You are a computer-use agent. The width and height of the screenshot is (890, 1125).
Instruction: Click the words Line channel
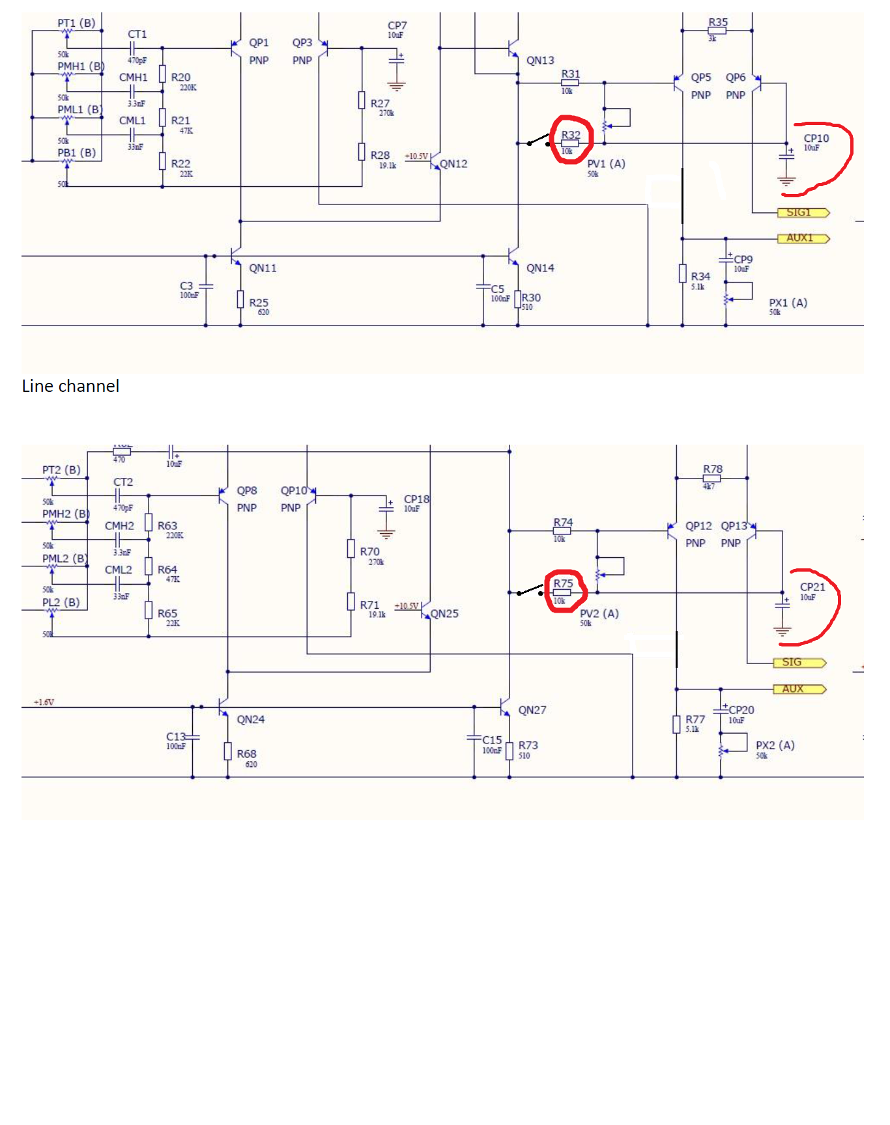pos(70,386)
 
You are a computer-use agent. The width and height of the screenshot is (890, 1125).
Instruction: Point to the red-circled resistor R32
pos(570,143)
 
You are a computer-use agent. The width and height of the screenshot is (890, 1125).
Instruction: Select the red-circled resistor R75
pos(562,592)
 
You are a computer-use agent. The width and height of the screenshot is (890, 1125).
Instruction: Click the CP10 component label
pos(816,138)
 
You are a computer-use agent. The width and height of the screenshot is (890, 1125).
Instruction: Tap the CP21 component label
pos(812,587)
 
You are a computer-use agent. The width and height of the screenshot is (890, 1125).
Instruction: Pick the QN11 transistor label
pos(263,268)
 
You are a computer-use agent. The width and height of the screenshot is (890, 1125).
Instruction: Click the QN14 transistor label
pos(540,268)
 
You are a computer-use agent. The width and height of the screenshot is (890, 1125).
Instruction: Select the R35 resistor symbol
pos(717,31)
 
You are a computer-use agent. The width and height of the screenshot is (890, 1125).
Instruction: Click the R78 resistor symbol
pos(711,478)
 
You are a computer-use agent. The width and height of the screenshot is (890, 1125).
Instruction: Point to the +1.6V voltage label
pos(44,702)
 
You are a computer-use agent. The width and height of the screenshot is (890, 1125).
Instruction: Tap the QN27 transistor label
pos(532,710)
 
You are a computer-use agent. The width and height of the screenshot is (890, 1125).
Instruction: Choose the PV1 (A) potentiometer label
pos(606,163)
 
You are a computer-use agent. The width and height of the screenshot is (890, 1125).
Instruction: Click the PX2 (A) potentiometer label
pos(775,745)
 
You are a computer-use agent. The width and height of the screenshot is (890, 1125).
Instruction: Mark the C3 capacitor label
pos(186,285)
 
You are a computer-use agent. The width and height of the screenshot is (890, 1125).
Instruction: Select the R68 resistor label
pos(246,753)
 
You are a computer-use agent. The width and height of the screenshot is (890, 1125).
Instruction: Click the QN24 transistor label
pos(250,719)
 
